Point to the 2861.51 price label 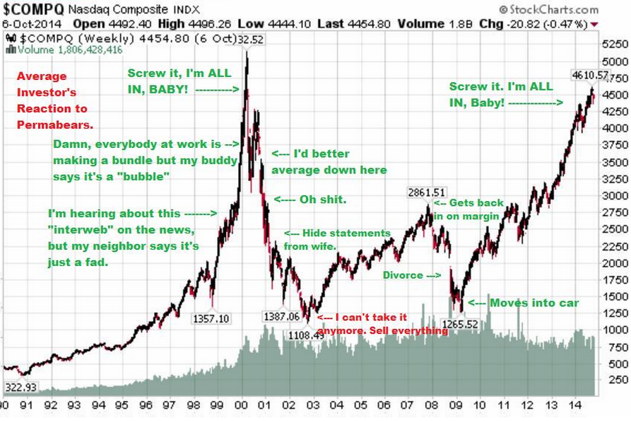coord(427,192)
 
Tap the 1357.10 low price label coord(211,318)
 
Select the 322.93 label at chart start coord(20,387)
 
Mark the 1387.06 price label coord(281,316)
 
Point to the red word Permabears coord(52,125)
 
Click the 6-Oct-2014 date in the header coord(26,23)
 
